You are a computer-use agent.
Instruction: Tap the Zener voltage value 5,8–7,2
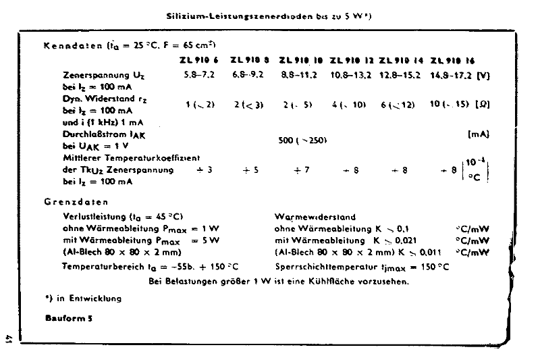(199, 75)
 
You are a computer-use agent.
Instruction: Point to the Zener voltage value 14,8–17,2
(451, 75)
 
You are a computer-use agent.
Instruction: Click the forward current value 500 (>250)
(303, 140)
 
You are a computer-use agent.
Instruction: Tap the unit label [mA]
(478, 134)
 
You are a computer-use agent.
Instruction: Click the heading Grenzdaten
(76, 201)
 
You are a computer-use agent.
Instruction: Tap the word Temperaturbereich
(94, 266)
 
